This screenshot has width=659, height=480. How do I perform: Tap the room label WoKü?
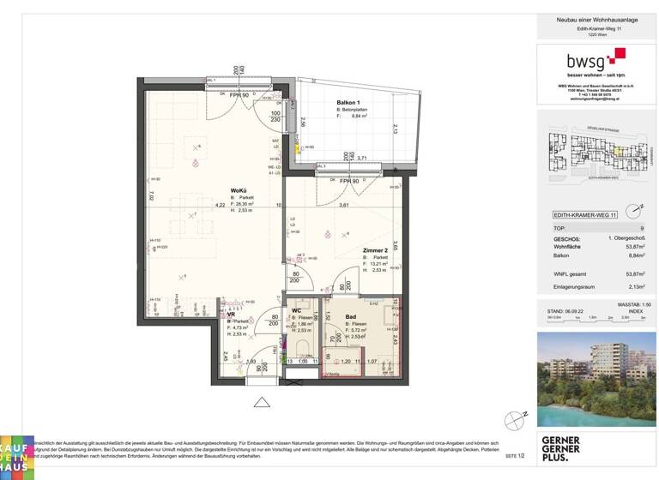[x=239, y=190]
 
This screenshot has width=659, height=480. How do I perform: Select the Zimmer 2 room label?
[x=376, y=250]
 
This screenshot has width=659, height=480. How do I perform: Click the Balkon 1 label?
[x=348, y=103]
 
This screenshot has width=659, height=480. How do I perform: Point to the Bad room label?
[x=339, y=315]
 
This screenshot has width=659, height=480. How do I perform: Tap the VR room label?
[x=231, y=314]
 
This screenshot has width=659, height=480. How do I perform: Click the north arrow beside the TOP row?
[x=632, y=209]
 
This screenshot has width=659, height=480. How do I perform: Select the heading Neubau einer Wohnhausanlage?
[x=596, y=18]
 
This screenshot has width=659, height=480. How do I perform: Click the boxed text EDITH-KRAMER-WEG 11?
[x=579, y=218]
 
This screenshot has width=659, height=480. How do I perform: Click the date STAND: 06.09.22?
[x=561, y=311]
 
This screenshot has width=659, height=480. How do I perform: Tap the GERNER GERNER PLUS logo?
[x=561, y=448]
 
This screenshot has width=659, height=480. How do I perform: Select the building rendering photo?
[x=596, y=379]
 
